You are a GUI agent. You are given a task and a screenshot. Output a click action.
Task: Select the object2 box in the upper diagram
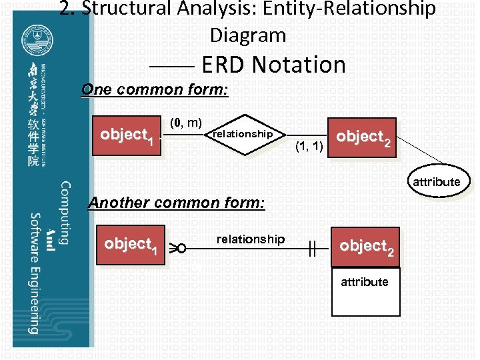tap(364, 138)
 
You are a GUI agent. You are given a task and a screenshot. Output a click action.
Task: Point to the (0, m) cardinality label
tap(186, 122)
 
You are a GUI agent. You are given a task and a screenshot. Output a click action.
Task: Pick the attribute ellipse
tap(436, 181)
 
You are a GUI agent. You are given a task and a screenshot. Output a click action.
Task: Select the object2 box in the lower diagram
tap(367, 247)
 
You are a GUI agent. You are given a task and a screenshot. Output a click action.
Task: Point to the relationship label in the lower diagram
tap(250, 239)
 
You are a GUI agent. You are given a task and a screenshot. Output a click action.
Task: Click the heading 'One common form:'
tap(154, 89)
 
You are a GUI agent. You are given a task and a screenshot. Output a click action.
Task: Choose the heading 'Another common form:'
tap(177, 202)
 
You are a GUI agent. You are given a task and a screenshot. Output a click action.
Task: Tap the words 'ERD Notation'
tap(273, 65)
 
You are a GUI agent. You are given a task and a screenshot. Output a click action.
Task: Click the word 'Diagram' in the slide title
tap(247, 35)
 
